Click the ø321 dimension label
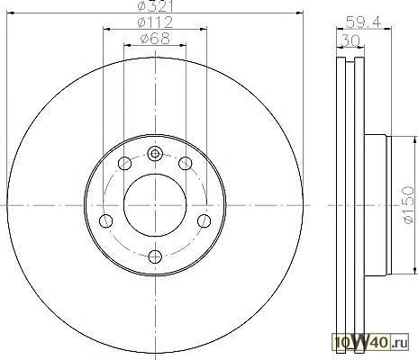point(155,6)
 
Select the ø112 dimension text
point(155,22)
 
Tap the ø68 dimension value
point(155,39)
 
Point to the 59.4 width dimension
point(363,22)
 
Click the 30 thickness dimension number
point(350,40)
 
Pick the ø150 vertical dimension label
point(408,205)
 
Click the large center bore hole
point(155,205)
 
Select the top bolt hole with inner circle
point(155,154)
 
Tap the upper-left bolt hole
point(124,164)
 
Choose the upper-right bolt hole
point(186,164)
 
